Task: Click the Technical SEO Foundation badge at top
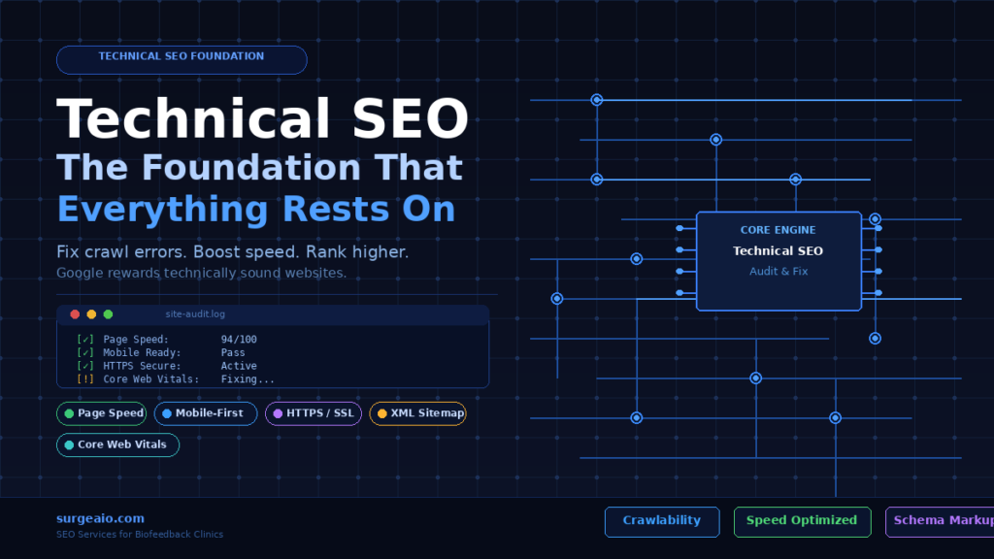point(182,59)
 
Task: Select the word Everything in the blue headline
point(162,210)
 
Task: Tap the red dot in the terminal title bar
point(75,314)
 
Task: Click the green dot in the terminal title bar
point(108,314)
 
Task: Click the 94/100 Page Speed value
point(239,339)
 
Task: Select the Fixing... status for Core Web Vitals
point(248,379)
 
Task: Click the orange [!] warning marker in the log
point(84,379)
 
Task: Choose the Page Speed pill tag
point(102,413)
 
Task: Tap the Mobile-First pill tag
point(206,413)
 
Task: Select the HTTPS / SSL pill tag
point(315,413)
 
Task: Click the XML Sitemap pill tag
point(418,413)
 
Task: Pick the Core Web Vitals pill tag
point(118,444)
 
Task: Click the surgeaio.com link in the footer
point(100,518)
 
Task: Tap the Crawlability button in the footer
point(662,521)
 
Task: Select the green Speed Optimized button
point(802,521)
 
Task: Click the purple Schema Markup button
point(940,521)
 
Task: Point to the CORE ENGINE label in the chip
point(779,230)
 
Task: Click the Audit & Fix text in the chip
point(779,272)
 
